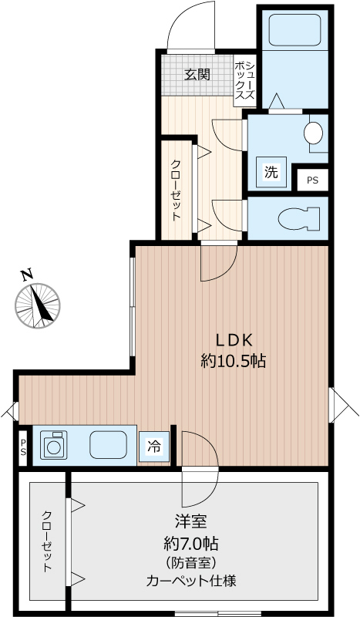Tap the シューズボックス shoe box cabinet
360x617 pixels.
coord(244,81)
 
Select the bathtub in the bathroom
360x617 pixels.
coord(294,30)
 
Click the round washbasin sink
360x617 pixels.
coord(313,132)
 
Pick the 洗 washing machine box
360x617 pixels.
coord(271,172)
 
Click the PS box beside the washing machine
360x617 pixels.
coord(312,180)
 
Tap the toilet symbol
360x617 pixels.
coord(298,218)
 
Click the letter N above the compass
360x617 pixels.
coord(27,275)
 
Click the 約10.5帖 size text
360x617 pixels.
coord(233,360)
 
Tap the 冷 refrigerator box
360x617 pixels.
coord(154,447)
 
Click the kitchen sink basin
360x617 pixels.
coord(108,445)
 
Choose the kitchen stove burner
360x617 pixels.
coord(53,445)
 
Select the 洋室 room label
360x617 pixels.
coord(191,522)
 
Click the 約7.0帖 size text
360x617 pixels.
coord(191,545)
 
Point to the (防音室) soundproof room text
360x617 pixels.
coord(191,563)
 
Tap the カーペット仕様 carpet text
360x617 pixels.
coord(191,582)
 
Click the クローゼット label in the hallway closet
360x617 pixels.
coord(176,190)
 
